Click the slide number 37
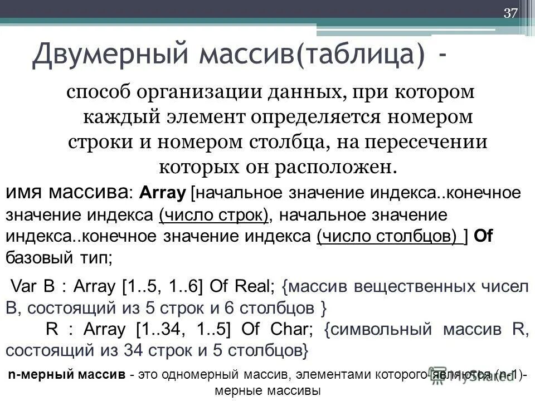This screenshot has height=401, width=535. pyautogui.click(x=510, y=14)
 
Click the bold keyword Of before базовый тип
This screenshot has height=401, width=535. pyautogui.click(x=483, y=236)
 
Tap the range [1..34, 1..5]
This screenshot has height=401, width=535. pyautogui.click(x=181, y=329)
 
